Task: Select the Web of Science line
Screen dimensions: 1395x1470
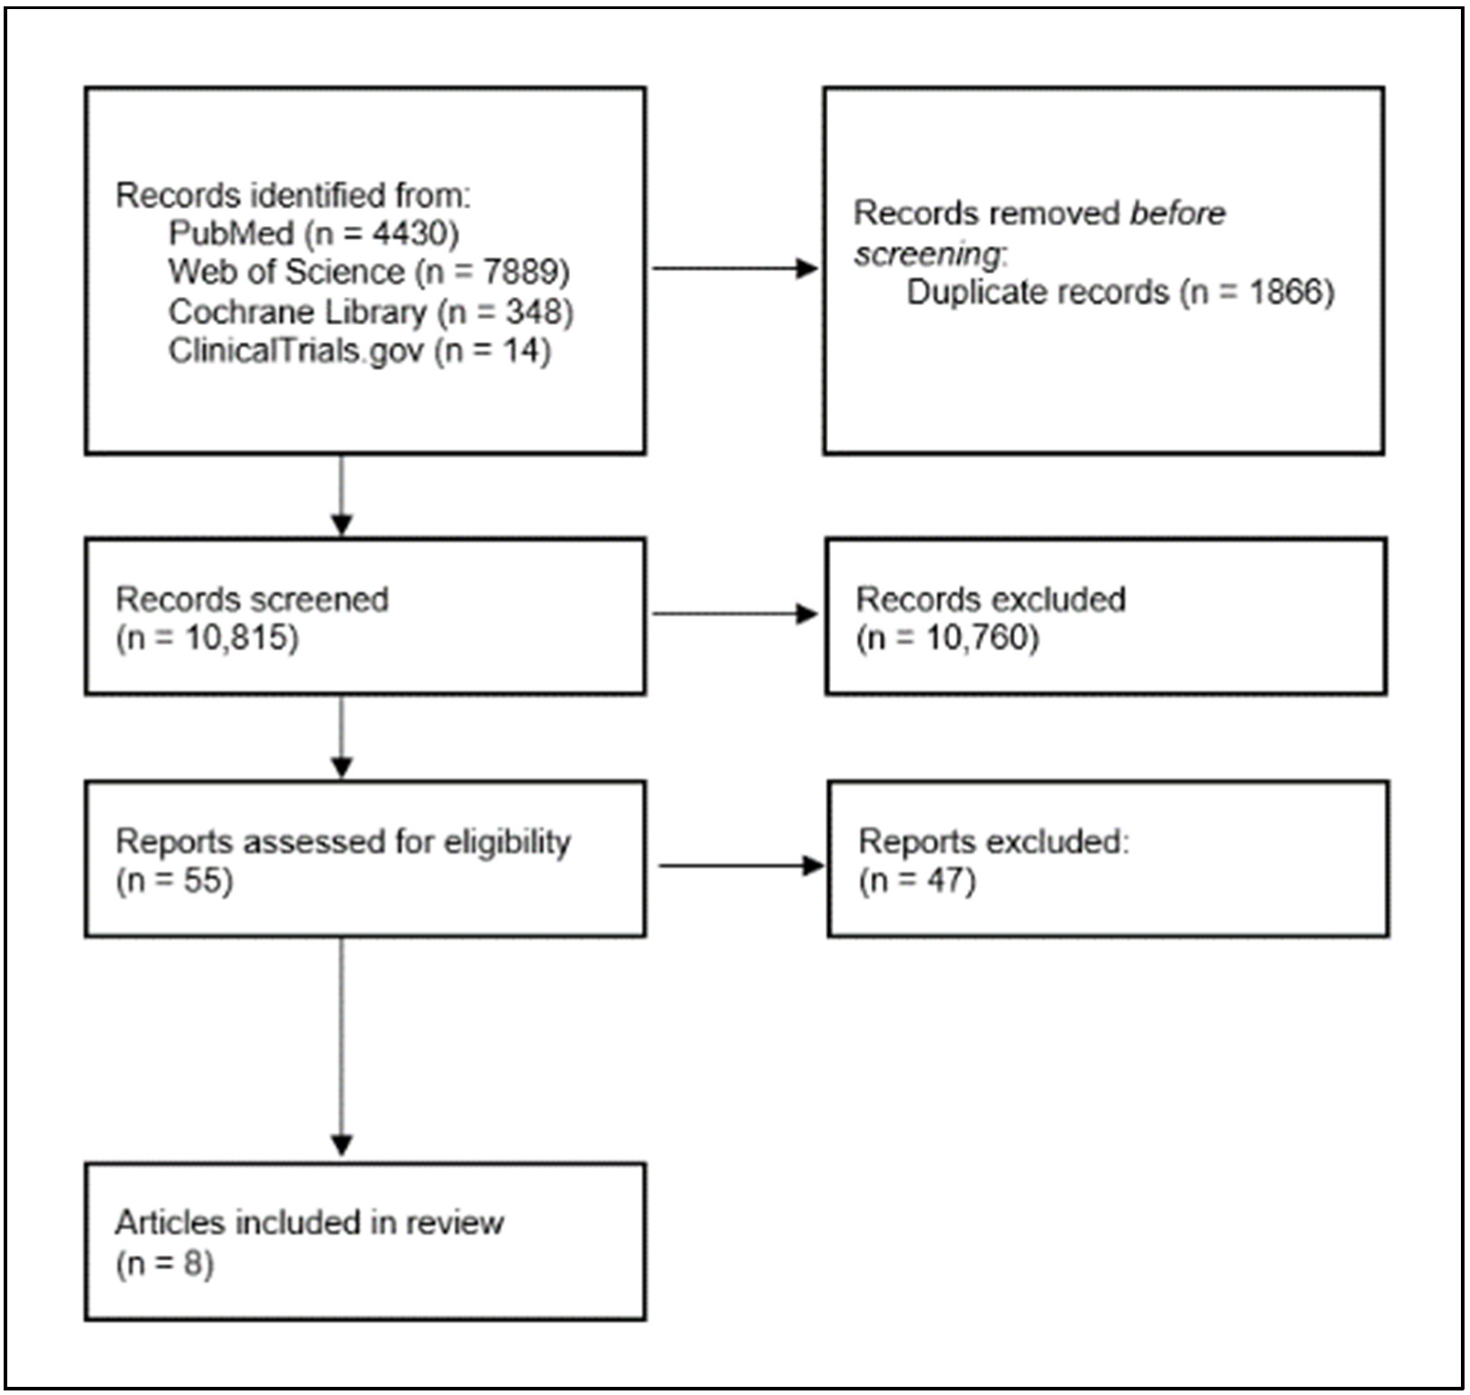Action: (x=368, y=271)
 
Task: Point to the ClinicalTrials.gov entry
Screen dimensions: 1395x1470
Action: (x=359, y=350)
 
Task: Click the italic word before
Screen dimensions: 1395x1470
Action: (x=1177, y=213)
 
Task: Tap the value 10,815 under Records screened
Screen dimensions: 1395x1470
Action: (x=240, y=638)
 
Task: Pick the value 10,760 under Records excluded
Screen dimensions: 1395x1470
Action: (x=980, y=638)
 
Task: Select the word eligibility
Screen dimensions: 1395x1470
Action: (x=507, y=842)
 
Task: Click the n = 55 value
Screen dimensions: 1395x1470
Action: (x=174, y=880)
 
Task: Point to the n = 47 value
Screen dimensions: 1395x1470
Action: (x=917, y=880)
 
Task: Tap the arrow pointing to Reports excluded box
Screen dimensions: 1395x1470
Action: (x=739, y=865)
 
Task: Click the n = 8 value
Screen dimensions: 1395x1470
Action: (x=164, y=1262)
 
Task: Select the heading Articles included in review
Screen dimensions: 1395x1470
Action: (x=309, y=1223)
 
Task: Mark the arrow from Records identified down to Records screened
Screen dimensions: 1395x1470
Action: (x=341, y=496)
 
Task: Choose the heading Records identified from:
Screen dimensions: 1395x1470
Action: (x=292, y=195)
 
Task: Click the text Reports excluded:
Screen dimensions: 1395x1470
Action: (x=992, y=842)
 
